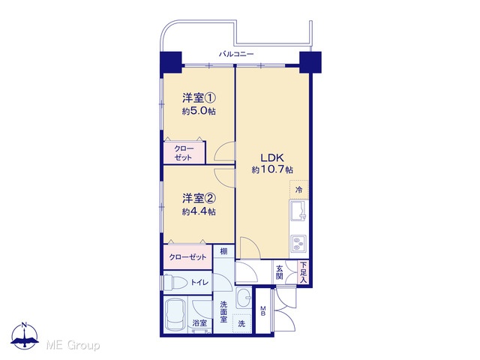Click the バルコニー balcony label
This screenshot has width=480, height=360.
coord(236,55)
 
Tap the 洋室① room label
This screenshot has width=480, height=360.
coord(199,98)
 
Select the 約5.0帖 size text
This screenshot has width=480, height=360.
coord(199,111)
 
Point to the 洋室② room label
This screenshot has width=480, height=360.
coord(199,199)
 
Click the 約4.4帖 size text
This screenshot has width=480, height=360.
coord(199,211)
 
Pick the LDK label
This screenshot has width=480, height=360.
coord(272,158)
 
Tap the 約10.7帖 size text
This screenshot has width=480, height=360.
coord(272,169)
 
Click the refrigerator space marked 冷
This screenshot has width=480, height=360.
coord(298,190)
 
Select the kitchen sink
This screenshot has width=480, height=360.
coord(298,211)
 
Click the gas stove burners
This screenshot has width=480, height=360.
coord(298,243)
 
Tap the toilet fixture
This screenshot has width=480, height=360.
coord(175,281)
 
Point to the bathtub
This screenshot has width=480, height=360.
coord(175,315)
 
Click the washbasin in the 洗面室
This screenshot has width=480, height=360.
coord(244,298)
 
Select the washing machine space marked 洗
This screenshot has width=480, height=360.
coord(241,323)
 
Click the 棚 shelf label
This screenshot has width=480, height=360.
coord(223,252)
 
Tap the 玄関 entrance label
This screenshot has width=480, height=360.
coord(280,273)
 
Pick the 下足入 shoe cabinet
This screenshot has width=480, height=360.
coord(303,272)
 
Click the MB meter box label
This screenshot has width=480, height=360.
coord(263,311)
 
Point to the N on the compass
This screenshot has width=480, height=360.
coord(25,325)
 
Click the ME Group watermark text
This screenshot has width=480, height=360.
coord(73,346)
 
